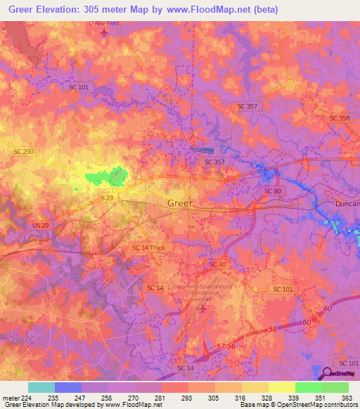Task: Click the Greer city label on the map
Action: pos(179,204)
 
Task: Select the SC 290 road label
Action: pos(23,151)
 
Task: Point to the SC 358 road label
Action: pos(339,118)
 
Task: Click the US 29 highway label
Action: pos(41,224)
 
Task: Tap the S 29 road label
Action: pos(107,199)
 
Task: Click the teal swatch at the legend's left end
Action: pos(41,387)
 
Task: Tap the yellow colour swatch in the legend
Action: pos(281,387)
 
